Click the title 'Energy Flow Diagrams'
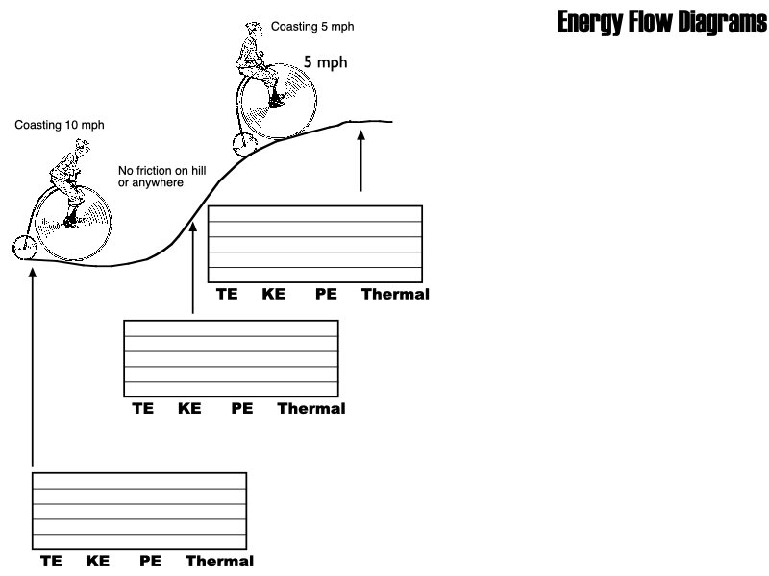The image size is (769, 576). pyautogui.click(x=661, y=23)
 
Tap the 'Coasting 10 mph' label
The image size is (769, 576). pyautogui.click(x=60, y=126)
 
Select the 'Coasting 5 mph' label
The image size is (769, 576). pyautogui.click(x=312, y=27)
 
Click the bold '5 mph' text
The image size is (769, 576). pyautogui.click(x=325, y=62)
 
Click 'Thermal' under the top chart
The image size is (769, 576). pyautogui.click(x=395, y=294)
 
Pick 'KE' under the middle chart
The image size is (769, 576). pyautogui.click(x=189, y=408)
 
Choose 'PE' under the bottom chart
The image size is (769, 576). pyautogui.click(x=150, y=561)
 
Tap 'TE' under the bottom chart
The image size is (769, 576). pyautogui.click(x=50, y=561)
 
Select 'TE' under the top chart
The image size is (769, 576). pyautogui.click(x=227, y=294)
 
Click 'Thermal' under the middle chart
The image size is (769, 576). pyautogui.click(x=311, y=408)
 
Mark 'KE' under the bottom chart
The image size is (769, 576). pyautogui.click(x=97, y=561)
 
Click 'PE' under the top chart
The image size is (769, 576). pyautogui.click(x=326, y=294)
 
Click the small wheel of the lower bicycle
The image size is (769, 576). pyautogui.click(x=24, y=247)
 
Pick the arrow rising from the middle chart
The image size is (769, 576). pyautogui.click(x=193, y=269)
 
